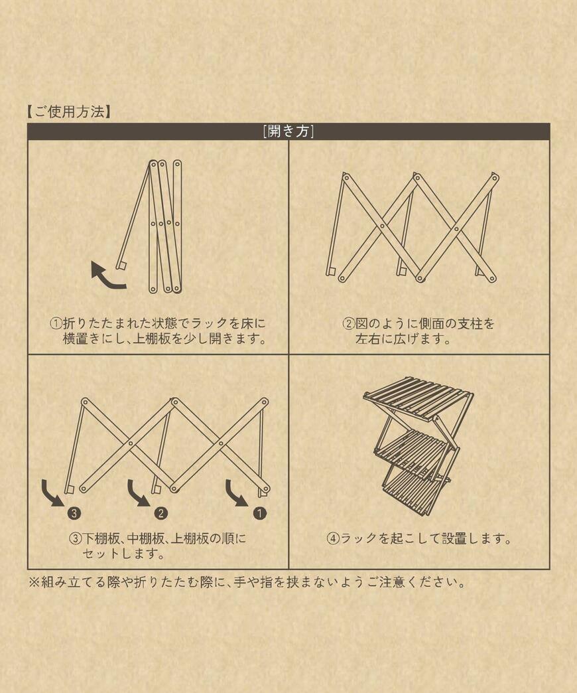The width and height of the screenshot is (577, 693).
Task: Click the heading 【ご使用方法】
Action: pyautogui.click(x=70, y=112)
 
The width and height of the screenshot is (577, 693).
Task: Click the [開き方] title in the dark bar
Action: pyautogui.click(x=288, y=131)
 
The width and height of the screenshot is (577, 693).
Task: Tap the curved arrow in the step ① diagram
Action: pyautogui.click(x=107, y=276)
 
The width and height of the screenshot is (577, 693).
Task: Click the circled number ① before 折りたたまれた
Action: pyautogui.click(x=56, y=324)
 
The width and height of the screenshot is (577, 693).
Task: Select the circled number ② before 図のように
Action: pyautogui.click(x=349, y=324)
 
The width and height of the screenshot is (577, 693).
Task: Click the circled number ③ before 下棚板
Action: pyautogui.click(x=75, y=538)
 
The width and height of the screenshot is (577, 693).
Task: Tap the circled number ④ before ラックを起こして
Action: pyautogui.click(x=333, y=538)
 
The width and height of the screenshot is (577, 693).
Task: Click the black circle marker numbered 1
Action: pyautogui.click(x=259, y=513)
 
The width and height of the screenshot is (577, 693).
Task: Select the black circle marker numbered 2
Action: pyautogui.click(x=160, y=513)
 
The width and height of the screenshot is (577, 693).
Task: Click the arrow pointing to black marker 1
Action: pyautogui.click(x=235, y=493)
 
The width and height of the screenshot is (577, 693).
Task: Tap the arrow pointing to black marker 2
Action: pyautogui.click(x=137, y=493)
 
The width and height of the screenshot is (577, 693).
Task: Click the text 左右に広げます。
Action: pyautogui.click(x=403, y=339)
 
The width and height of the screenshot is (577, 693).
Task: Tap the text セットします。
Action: pyautogui.click(x=123, y=553)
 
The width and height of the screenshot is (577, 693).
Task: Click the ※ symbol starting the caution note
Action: pyautogui.click(x=34, y=583)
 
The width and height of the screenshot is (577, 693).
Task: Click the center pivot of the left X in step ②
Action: pyautogui.click(x=381, y=226)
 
